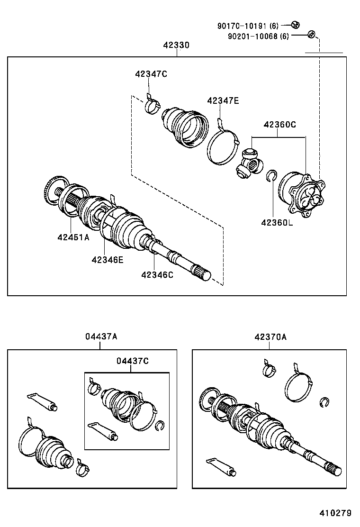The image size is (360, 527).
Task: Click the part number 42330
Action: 176,45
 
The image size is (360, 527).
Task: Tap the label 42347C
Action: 151,74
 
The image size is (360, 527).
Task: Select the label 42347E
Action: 223,100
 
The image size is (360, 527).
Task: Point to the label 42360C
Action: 279,125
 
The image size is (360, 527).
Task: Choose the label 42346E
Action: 108,259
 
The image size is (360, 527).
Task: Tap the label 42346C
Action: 157,274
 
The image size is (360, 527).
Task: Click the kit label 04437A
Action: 101,336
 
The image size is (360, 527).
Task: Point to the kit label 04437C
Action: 133,361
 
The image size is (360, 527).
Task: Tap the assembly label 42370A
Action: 270,337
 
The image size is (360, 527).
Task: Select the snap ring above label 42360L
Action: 272,176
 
